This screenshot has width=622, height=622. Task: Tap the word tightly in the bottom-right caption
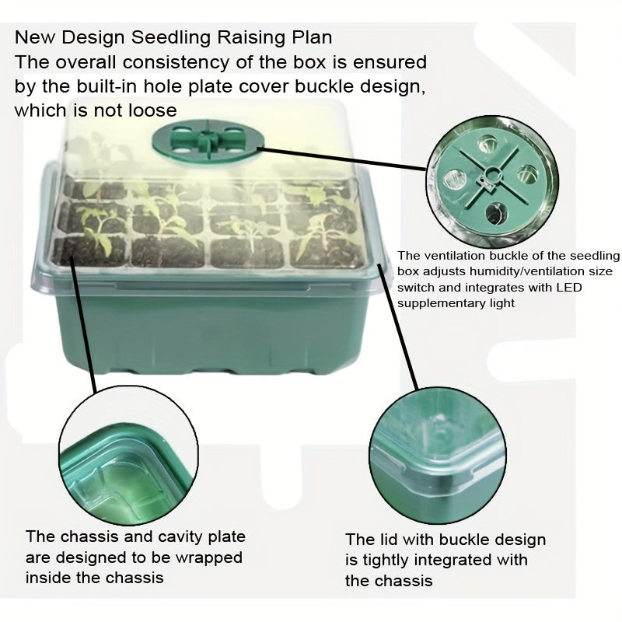pos(390,560)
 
